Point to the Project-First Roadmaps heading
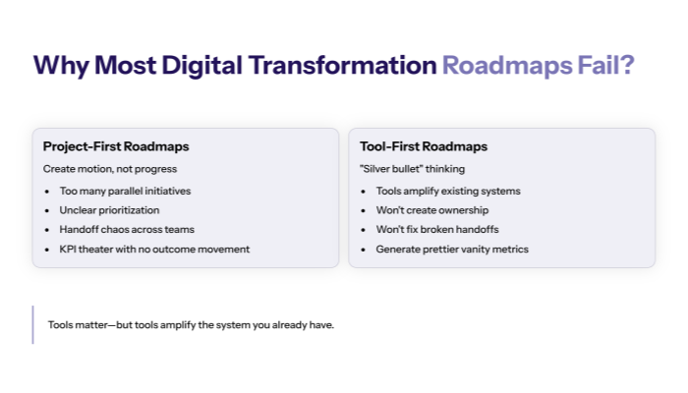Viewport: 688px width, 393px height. coord(116,146)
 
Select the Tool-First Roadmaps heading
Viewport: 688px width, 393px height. coord(424,146)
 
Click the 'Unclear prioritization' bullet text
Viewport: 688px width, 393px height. coord(110,210)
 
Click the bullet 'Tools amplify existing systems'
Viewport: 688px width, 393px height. coord(448,191)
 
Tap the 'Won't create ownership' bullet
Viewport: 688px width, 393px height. coord(432,210)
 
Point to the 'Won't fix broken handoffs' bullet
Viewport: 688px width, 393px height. coord(438,230)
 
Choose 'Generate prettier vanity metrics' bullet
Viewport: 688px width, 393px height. coord(452,250)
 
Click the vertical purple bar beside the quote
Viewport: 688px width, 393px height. coord(33,324)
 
